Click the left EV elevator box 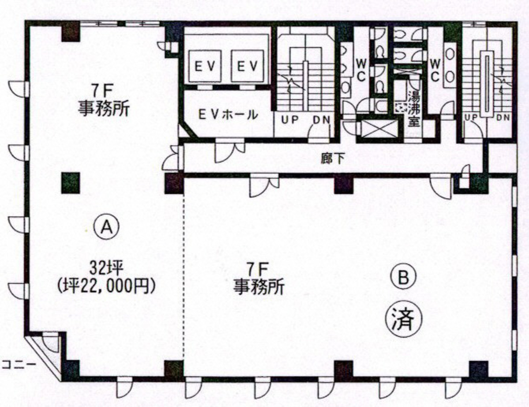205,66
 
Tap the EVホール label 228,115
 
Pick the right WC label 435,70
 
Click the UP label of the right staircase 471,117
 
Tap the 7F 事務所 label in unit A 104,102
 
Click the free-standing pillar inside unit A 70,182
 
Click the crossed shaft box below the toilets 374,130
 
